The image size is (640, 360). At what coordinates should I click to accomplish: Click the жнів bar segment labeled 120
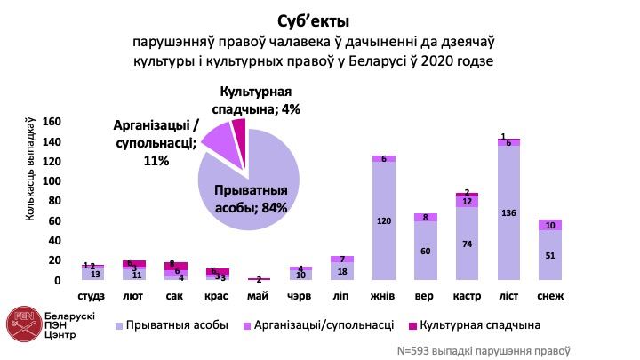(x=383, y=221)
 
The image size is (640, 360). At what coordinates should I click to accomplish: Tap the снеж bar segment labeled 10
(x=550, y=225)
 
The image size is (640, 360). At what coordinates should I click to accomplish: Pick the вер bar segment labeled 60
(x=425, y=251)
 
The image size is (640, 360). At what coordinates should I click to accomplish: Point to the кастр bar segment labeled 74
(x=467, y=244)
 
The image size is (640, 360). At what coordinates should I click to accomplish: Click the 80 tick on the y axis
(x=53, y=201)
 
